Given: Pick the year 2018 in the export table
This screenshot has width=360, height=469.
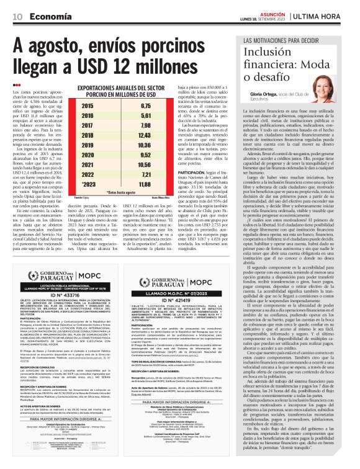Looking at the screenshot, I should coord(87,135).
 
